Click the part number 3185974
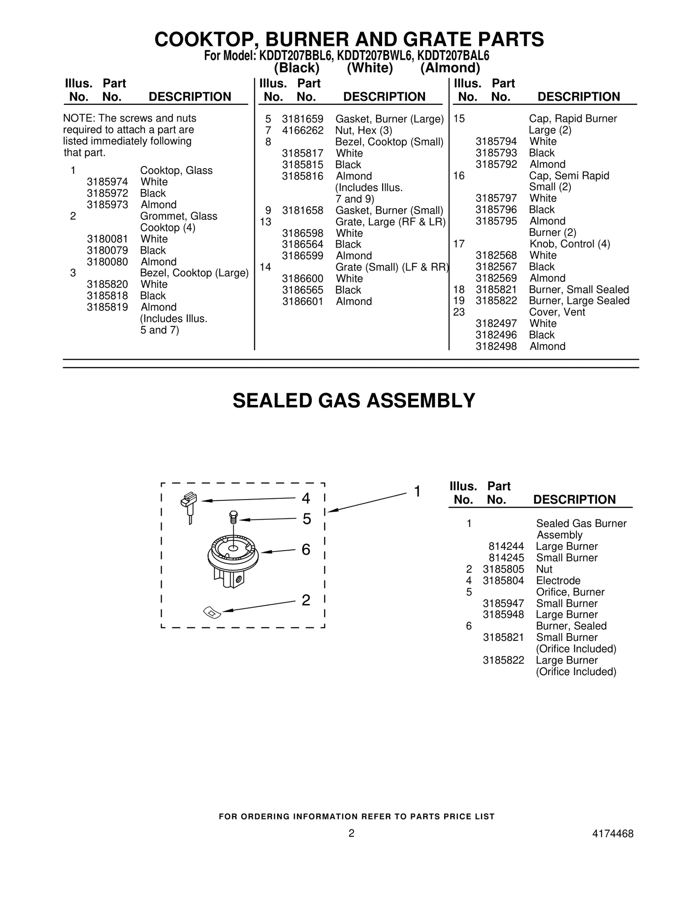[x=107, y=182]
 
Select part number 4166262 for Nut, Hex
[x=302, y=131]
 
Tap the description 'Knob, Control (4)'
[x=570, y=244]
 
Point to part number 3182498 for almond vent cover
[x=496, y=346]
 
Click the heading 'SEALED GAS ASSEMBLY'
[x=354, y=401]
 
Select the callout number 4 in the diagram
[x=306, y=499]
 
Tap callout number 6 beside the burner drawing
[x=306, y=550]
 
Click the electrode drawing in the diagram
[x=189, y=508]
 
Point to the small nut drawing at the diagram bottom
[x=212, y=612]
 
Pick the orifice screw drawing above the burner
[x=233, y=518]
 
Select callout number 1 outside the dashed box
[x=417, y=492]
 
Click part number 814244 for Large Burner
[x=506, y=546]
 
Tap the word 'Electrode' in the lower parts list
[x=558, y=581]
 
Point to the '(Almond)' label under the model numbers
[x=450, y=68]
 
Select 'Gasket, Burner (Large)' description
[x=389, y=119]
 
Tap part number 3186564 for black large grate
[x=302, y=245]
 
